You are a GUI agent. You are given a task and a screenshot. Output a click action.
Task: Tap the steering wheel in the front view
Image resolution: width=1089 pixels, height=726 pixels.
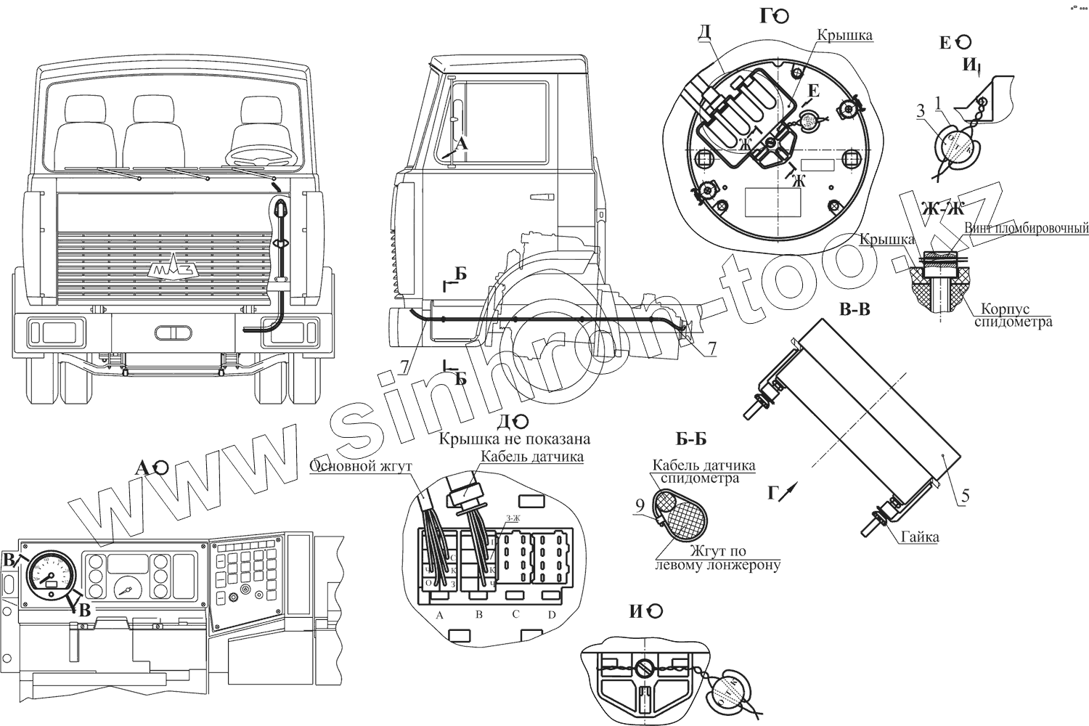point(263,155)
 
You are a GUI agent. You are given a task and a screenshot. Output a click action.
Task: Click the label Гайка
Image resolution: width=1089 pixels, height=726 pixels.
point(920,537)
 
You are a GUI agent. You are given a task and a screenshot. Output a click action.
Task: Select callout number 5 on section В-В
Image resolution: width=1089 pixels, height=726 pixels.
point(965,497)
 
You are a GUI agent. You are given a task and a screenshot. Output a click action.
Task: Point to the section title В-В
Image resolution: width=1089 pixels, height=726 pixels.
point(854,310)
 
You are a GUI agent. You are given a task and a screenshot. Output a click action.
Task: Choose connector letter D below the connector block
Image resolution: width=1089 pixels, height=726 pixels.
point(551,616)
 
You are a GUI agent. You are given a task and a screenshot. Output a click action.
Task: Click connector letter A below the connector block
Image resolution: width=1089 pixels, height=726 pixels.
point(439,616)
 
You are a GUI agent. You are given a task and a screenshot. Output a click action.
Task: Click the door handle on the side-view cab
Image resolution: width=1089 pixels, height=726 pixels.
point(540,196)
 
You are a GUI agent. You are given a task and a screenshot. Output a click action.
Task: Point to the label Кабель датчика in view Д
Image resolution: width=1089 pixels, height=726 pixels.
point(532,457)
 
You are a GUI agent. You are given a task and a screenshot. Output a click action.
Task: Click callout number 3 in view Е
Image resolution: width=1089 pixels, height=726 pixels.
point(920,111)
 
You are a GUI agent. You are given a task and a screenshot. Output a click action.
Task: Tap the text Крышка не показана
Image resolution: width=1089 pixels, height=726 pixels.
point(514,439)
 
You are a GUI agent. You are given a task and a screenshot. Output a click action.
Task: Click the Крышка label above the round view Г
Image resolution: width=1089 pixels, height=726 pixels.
point(844,35)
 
